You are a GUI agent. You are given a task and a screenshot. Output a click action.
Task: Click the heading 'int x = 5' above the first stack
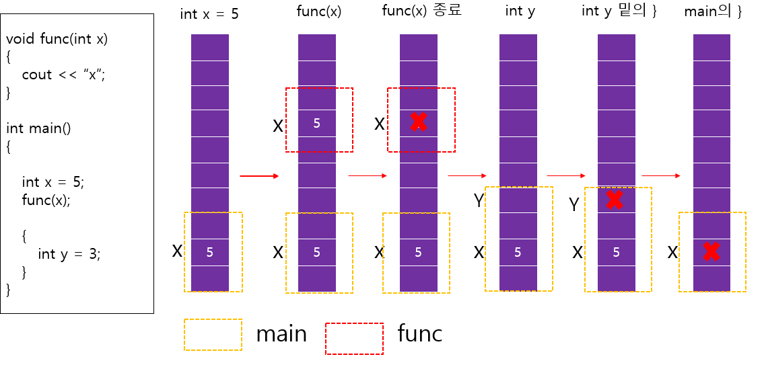(x=209, y=14)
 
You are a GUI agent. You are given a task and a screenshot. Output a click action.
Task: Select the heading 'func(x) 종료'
(x=421, y=11)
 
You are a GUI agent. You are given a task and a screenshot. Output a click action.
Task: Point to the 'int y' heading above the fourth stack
(x=520, y=11)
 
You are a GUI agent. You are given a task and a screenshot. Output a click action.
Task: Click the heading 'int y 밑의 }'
(x=619, y=11)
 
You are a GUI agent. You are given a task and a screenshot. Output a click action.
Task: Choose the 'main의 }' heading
(x=713, y=11)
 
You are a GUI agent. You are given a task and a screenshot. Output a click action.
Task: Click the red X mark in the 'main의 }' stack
(x=711, y=251)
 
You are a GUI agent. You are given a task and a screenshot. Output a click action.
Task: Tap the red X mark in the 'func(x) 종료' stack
(x=419, y=122)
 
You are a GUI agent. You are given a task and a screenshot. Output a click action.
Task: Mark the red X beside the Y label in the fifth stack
(x=613, y=199)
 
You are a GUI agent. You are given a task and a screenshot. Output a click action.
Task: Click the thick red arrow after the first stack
(x=259, y=176)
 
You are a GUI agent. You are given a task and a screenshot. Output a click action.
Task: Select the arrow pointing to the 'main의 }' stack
(x=661, y=176)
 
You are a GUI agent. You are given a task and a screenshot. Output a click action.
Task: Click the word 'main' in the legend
(x=281, y=334)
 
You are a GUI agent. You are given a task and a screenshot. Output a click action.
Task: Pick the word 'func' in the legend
(x=420, y=333)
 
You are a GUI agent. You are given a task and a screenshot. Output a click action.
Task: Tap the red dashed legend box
(x=354, y=338)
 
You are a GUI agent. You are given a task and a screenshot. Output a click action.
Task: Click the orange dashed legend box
(x=213, y=334)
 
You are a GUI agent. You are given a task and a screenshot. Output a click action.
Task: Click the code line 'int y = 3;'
(x=69, y=254)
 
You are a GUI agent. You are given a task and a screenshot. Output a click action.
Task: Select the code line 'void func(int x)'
(x=57, y=39)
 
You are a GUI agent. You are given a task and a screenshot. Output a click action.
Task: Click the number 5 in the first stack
(x=210, y=253)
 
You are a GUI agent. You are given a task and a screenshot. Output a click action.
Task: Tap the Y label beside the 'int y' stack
(x=479, y=201)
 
